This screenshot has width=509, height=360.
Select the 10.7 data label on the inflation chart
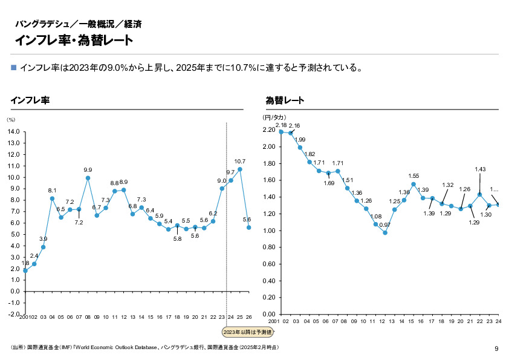pyautogui.click(x=239, y=162)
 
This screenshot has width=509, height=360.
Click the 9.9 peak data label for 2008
pyautogui.click(x=88, y=170)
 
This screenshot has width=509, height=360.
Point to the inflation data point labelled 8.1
pyautogui.click(x=52, y=198)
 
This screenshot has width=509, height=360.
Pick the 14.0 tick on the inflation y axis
pyautogui.click(x=15, y=131)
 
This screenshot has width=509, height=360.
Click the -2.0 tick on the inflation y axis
pyautogui.click(x=14, y=314)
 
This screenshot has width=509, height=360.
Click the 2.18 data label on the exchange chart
pyautogui.click(x=280, y=125)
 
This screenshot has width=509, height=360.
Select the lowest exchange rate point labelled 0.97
pyautogui.click(x=385, y=232)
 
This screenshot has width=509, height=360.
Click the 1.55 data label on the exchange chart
pyautogui.click(x=413, y=176)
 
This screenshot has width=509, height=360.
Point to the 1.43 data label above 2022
pyautogui.click(x=480, y=169)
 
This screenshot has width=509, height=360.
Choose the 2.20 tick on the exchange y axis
pyautogui.click(x=269, y=129)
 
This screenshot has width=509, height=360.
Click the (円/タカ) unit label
pyautogui.click(x=274, y=117)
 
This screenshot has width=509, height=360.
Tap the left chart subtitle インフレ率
pyautogui.click(x=30, y=100)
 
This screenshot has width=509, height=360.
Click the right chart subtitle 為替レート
pyautogui.click(x=285, y=100)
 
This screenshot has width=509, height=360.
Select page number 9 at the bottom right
pyautogui.click(x=496, y=348)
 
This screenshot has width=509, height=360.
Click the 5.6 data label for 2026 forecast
pyautogui.click(x=247, y=219)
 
